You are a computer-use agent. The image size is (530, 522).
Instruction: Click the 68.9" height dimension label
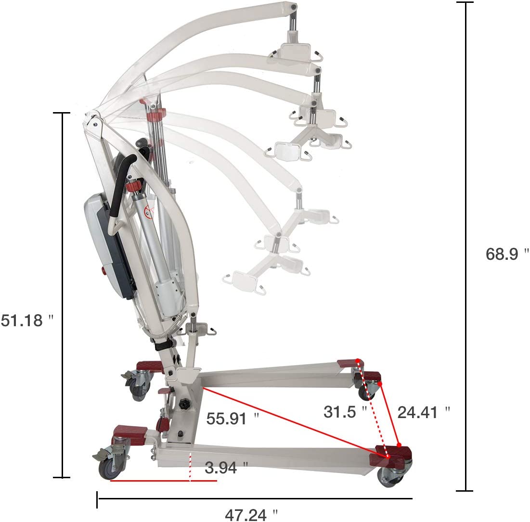pyautogui.click(x=507, y=254)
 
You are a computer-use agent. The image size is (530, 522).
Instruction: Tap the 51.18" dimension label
pyautogui.click(x=27, y=320)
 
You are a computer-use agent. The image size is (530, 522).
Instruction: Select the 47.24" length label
pyautogui.click(x=251, y=515)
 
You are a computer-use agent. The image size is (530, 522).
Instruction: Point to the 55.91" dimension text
pyautogui.click(x=232, y=419)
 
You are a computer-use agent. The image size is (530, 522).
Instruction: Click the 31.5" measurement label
pyautogui.click(x=345, y=412)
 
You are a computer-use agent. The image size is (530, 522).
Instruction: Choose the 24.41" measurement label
pyautogui.click(x=424, y=412)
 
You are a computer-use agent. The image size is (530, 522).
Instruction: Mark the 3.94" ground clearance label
pyautogui.click(x=226, y=468)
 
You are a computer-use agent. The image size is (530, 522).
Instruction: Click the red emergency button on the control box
pyautogui.click(x=103, y=270)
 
